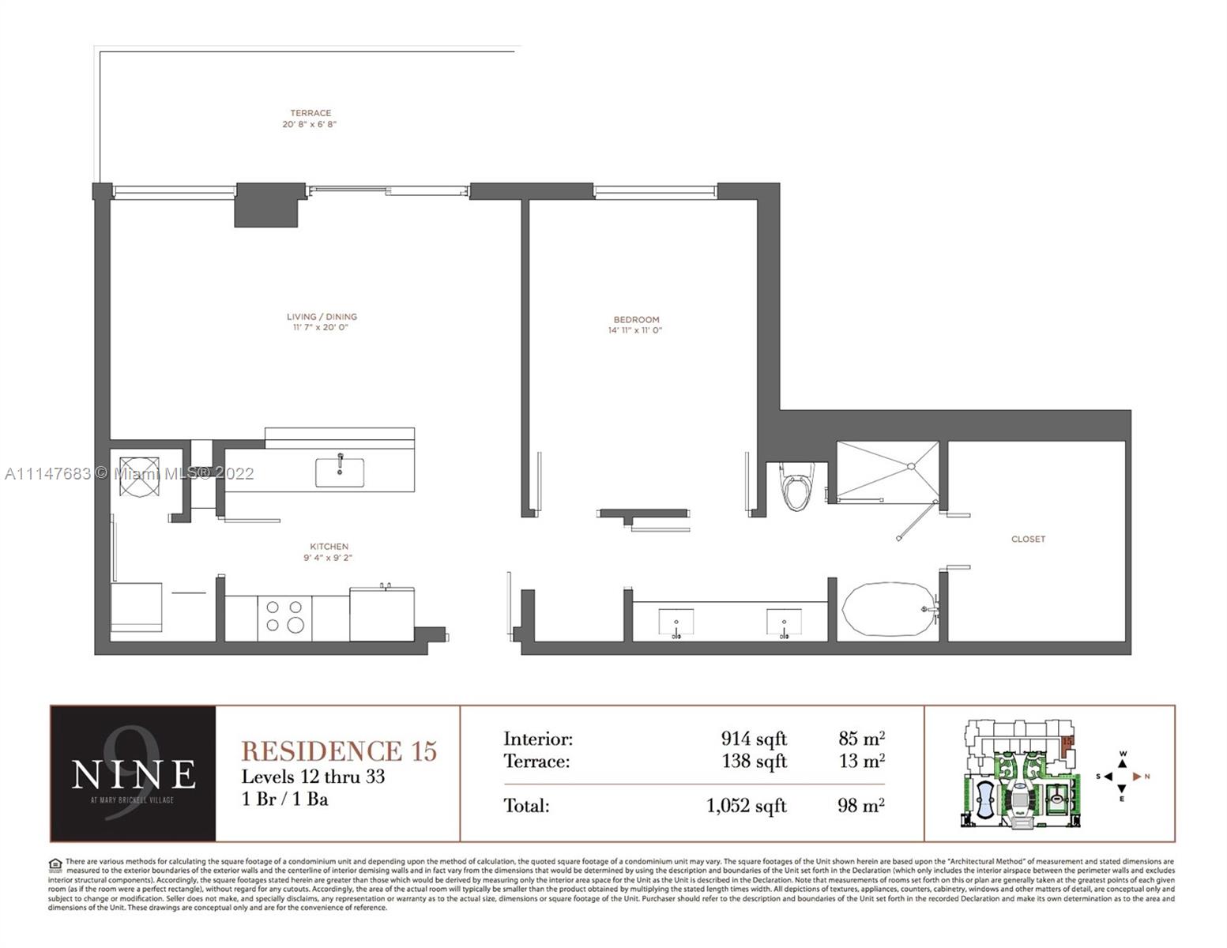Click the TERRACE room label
tap(310, 113)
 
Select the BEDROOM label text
tap(635, 320)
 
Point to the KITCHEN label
tap(329, 547)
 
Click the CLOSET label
tap(1028, 539)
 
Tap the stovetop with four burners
tap(284, 617)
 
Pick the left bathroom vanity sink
tap(676, 623)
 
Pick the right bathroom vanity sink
tap(784, 623)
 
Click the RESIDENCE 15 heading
tap(339, 750)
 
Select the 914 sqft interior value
tap(754, 739)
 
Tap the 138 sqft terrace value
tap(754, 761)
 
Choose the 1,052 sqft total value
tap(747, 806)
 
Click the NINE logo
tap(133, 774)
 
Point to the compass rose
tap(1123, 777)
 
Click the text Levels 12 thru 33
tap(313, 777)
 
